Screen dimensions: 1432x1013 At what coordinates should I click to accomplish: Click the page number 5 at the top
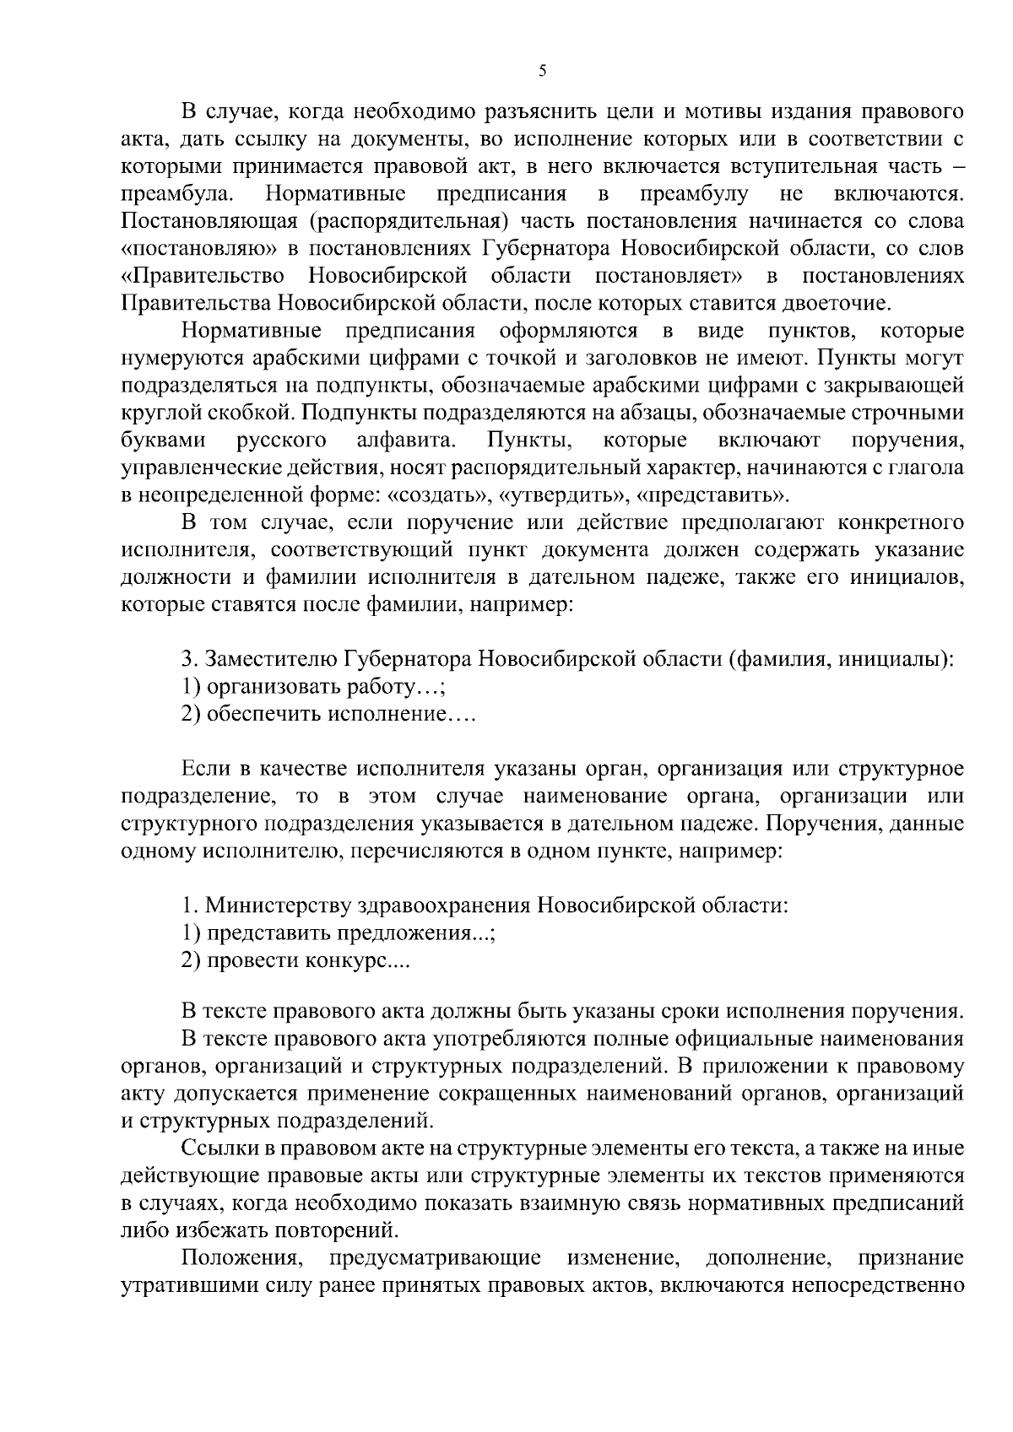pyautogui.click(x=542, y=73)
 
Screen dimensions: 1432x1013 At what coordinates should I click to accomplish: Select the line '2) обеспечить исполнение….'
pyautogui.click(x=329, y=716)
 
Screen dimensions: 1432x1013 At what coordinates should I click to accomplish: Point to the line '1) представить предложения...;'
pyautogui.click(x=338, y=934)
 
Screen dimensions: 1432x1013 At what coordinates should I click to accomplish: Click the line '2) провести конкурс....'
pyautogui.click(x=295, y=962)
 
